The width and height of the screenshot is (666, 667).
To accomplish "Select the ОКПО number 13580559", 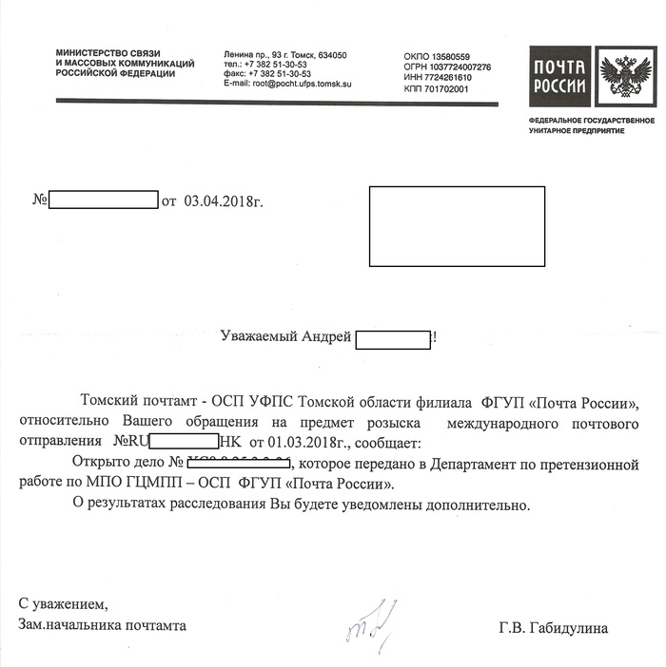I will tap(450, 57).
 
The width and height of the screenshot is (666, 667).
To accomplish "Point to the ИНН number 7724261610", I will tap(450, 78).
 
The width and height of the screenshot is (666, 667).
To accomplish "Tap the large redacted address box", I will tap(456, 226).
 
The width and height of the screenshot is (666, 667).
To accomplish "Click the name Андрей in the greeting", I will tap(326, 336).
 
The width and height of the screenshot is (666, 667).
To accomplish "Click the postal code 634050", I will tap(330, 55).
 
